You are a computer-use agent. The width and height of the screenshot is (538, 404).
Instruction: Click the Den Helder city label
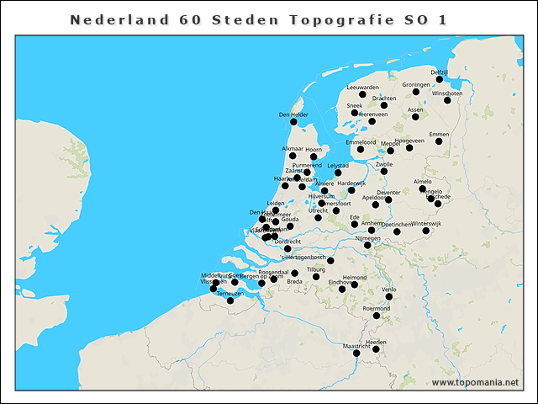pos(293,114)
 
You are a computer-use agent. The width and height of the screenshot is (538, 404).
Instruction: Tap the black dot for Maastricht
pos(356,353)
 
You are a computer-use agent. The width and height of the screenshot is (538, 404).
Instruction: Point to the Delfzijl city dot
pos(440,80)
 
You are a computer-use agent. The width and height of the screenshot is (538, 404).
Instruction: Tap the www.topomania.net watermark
pos(475,383)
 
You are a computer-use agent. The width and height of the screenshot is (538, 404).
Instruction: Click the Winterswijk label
pos(426,223)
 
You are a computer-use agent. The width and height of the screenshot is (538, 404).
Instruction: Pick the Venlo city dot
pos(388,296)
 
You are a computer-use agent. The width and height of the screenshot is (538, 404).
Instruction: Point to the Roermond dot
pos(377,316)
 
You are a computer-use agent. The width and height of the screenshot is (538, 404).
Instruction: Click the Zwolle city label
pos(384,164)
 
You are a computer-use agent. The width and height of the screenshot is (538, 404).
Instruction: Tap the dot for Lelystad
pos(338,173)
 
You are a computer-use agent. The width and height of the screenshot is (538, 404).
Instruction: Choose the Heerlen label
pos(376,342)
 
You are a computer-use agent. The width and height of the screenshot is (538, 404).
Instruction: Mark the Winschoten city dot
pos(447,100)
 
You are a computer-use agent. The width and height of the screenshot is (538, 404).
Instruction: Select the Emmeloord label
pos(361,142)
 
